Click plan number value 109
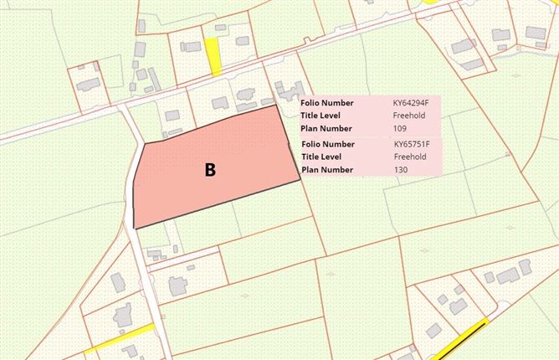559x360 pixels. pos(400,128)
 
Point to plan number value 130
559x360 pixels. pos(401,169)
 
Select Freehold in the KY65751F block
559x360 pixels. pos(410,157)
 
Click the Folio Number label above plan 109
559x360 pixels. pos(326,103)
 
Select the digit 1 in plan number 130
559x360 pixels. pos(395,169)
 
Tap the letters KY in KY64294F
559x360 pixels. pos(397,103)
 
